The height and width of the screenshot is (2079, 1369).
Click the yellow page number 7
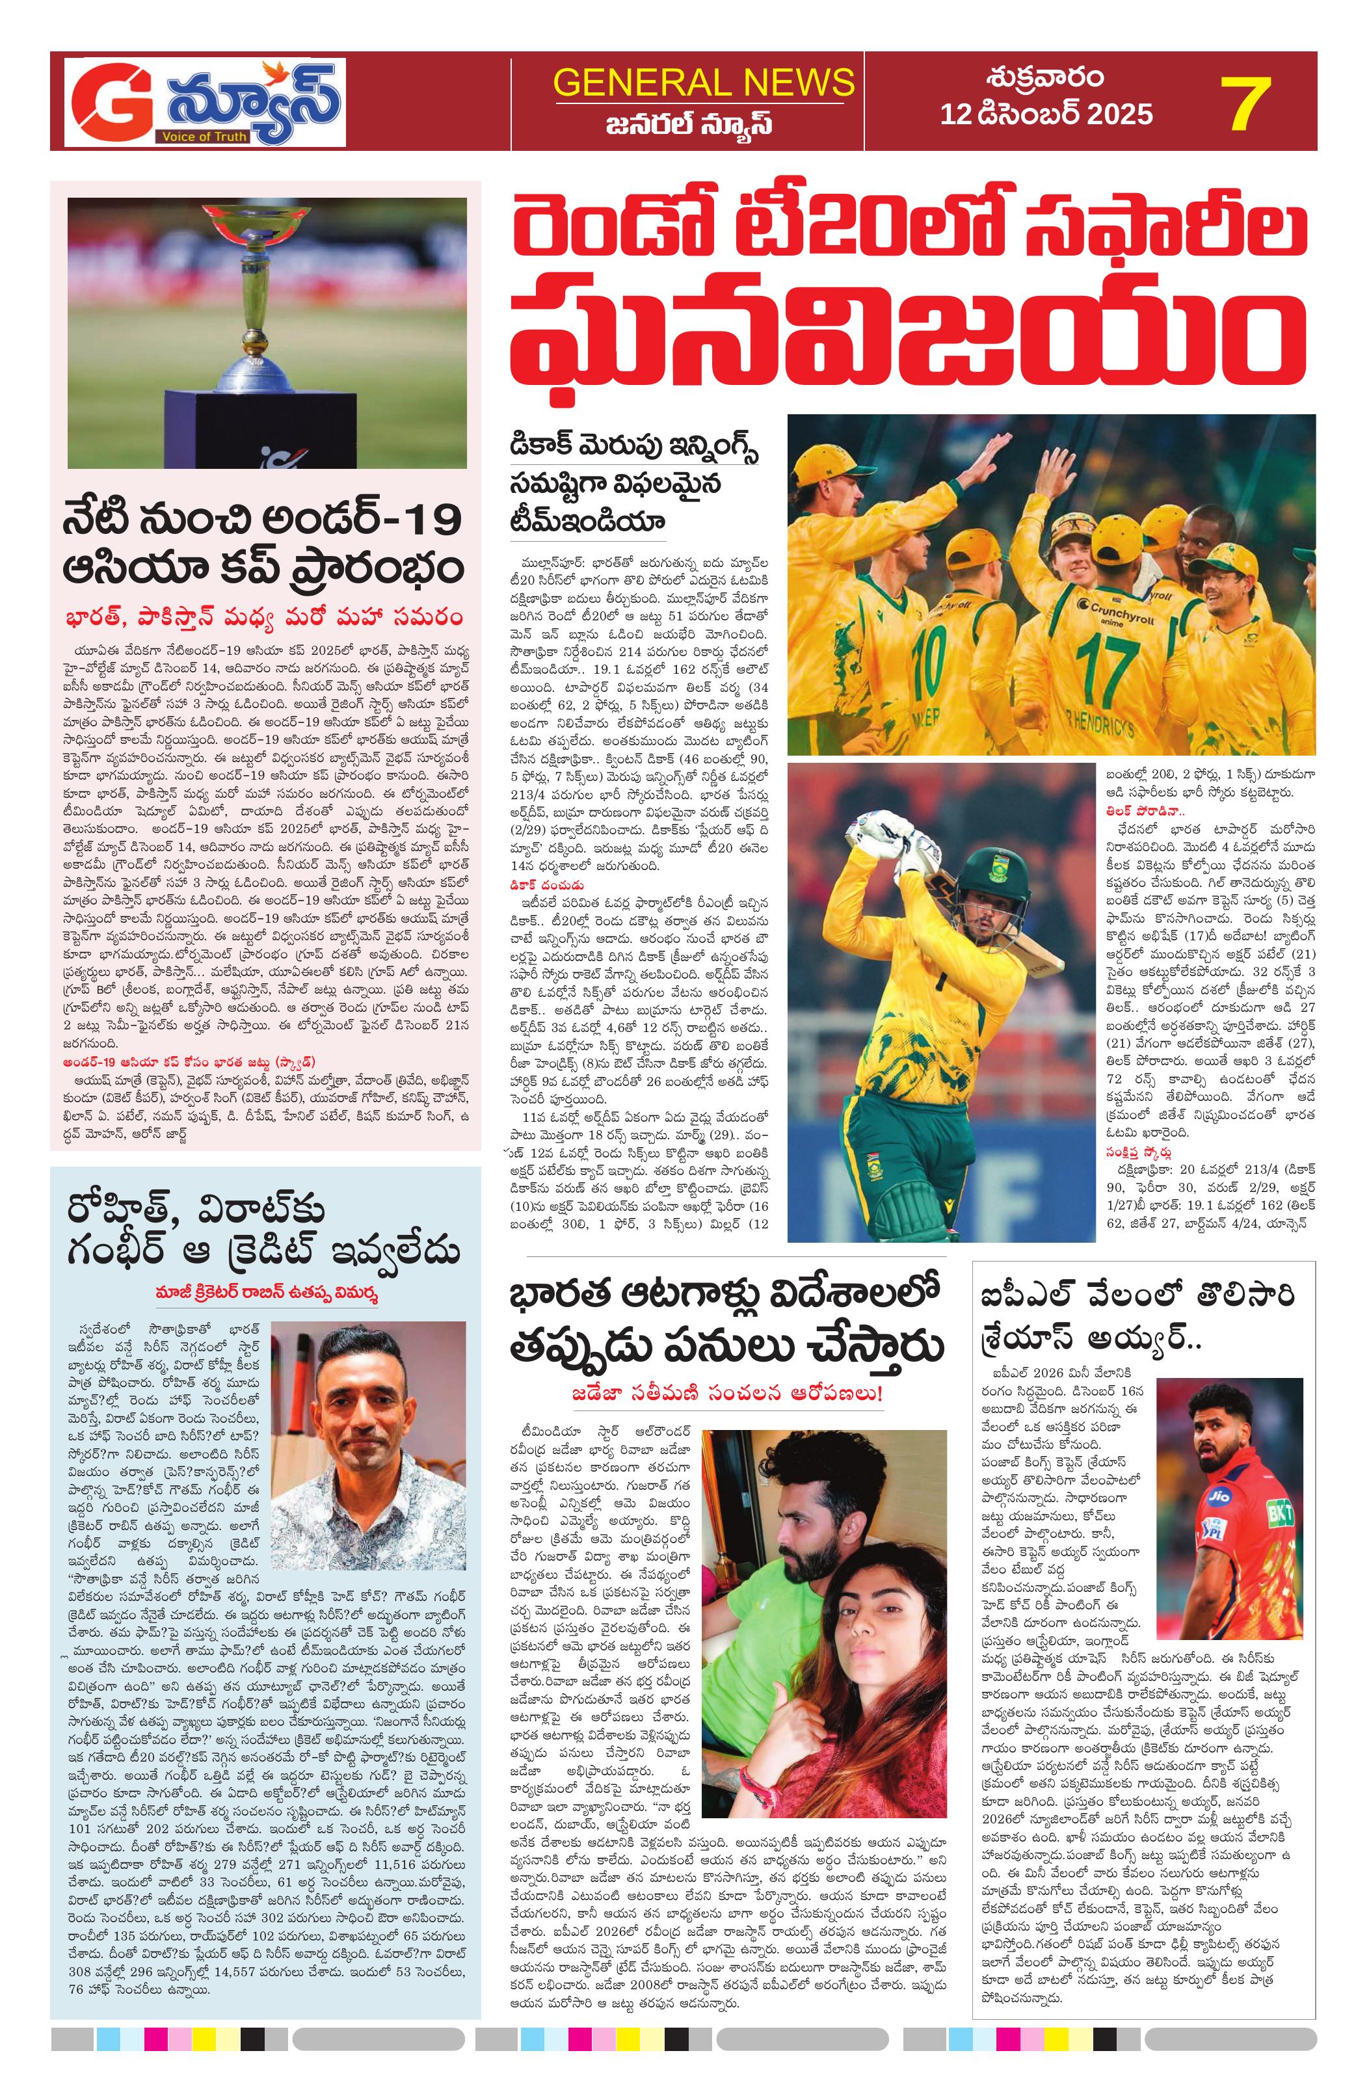point(1243,104)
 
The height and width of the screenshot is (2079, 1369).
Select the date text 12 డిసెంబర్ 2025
point(1046,114)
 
